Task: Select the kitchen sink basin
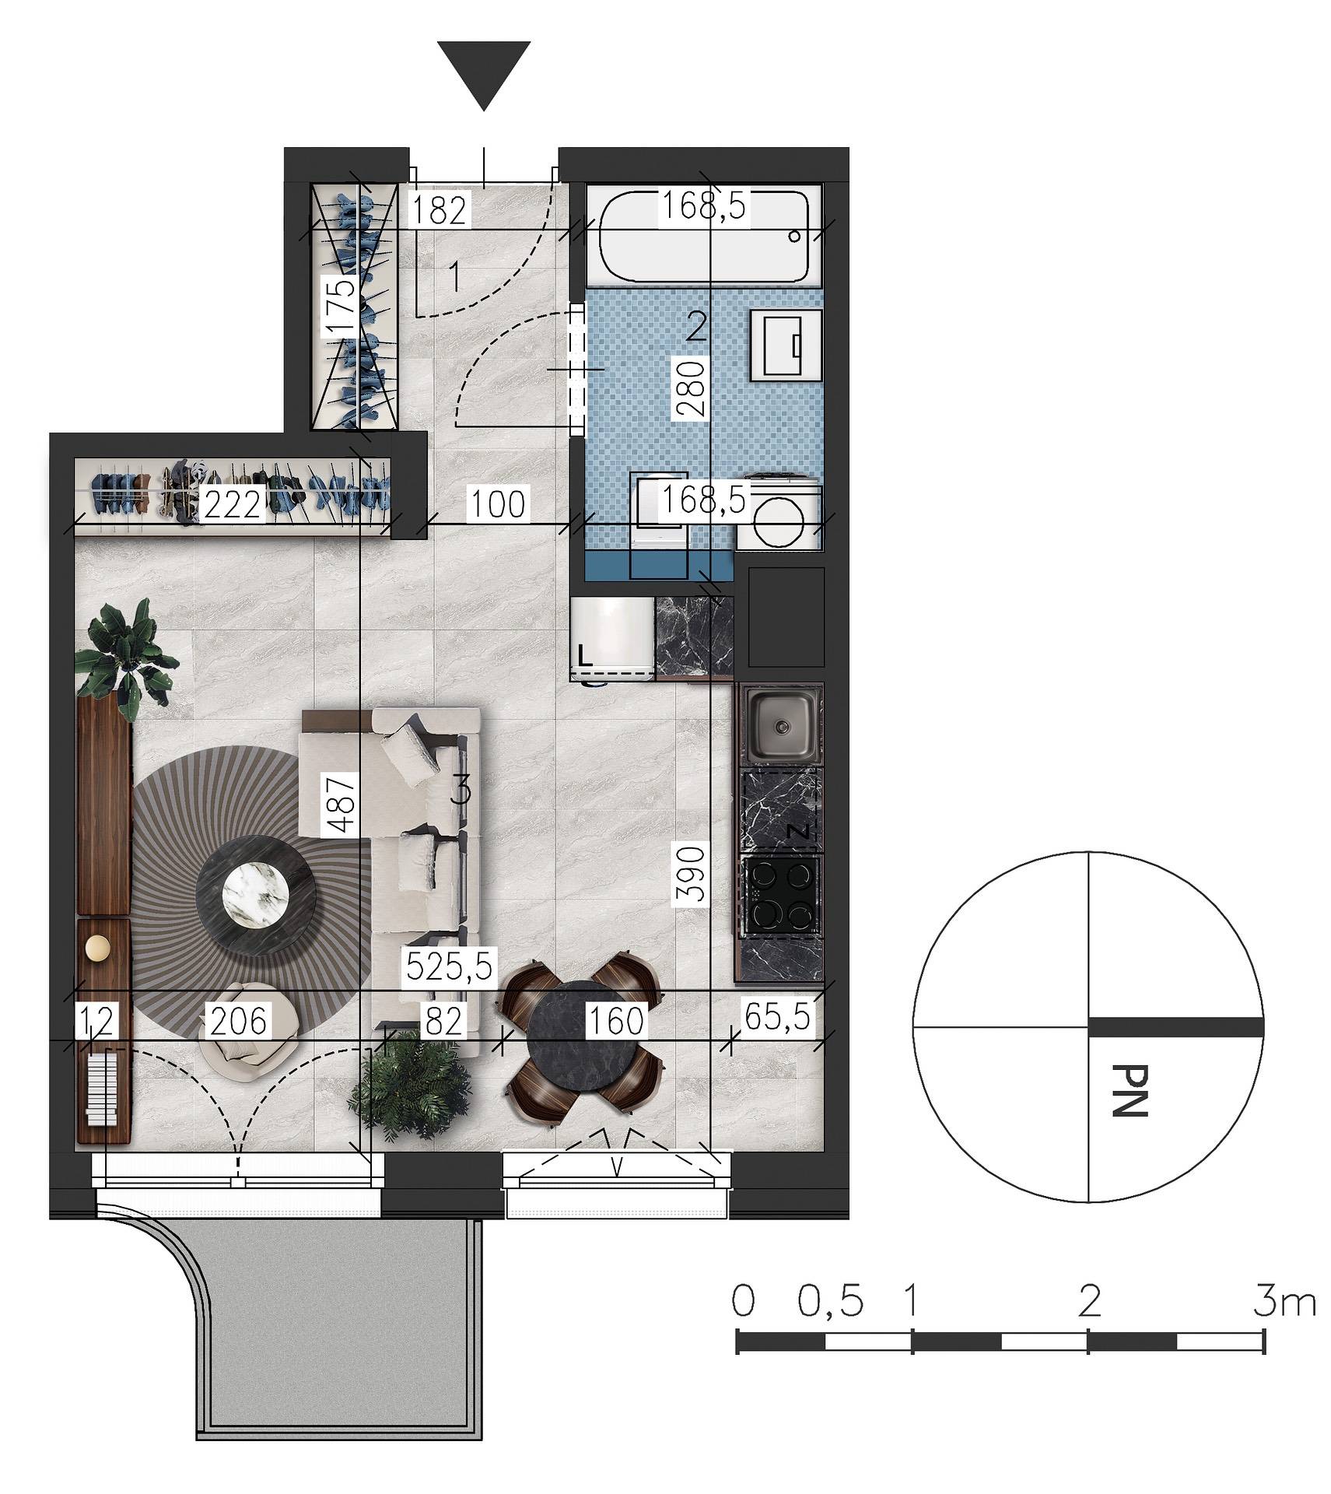click(781, 724)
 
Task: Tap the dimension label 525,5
click(450, 967)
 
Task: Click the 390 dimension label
click(691, 872)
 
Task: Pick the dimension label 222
click(233, 505)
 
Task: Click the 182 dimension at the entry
click(440, 209)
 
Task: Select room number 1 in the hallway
click(456, 277)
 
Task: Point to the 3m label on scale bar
click(1284, 1301)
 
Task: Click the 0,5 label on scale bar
click(831, 1301)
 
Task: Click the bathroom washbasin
click(786, 345)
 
